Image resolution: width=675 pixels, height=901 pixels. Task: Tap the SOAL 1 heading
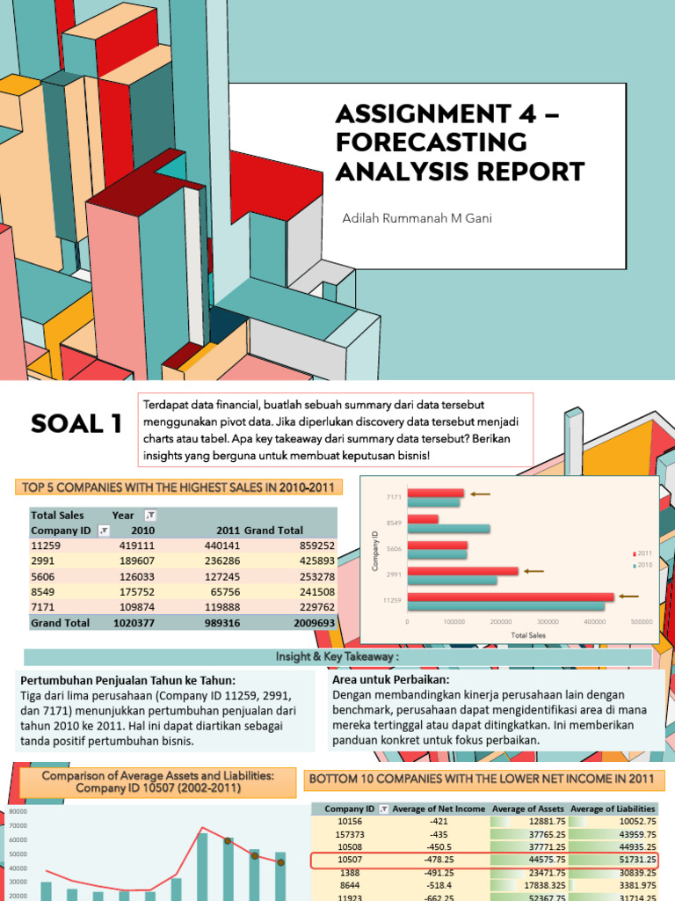tap(76, 426)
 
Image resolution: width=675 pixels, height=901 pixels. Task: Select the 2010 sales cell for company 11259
tap(134, 546)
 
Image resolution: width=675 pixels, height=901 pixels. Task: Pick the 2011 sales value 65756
tap(221, 591)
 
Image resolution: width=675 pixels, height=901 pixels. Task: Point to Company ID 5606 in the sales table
tap(44, 576)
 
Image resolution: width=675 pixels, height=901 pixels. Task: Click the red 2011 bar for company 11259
tap(511, 596)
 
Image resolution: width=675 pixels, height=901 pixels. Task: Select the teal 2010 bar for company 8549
tap(448, 530)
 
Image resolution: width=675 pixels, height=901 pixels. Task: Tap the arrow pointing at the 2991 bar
tap(535, 571)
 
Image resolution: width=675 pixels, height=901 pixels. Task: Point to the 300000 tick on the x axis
tap(548, 621)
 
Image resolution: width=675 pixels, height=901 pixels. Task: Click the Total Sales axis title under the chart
tap(527, 634)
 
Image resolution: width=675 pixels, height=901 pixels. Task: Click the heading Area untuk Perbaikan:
tap(379, 680)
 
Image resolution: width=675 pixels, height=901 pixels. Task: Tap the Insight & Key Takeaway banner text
tap(337, 657)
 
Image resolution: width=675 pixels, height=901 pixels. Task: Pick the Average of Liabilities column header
tap(613, 809)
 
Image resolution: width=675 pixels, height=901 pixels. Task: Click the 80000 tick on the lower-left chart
tap(18, 810)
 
